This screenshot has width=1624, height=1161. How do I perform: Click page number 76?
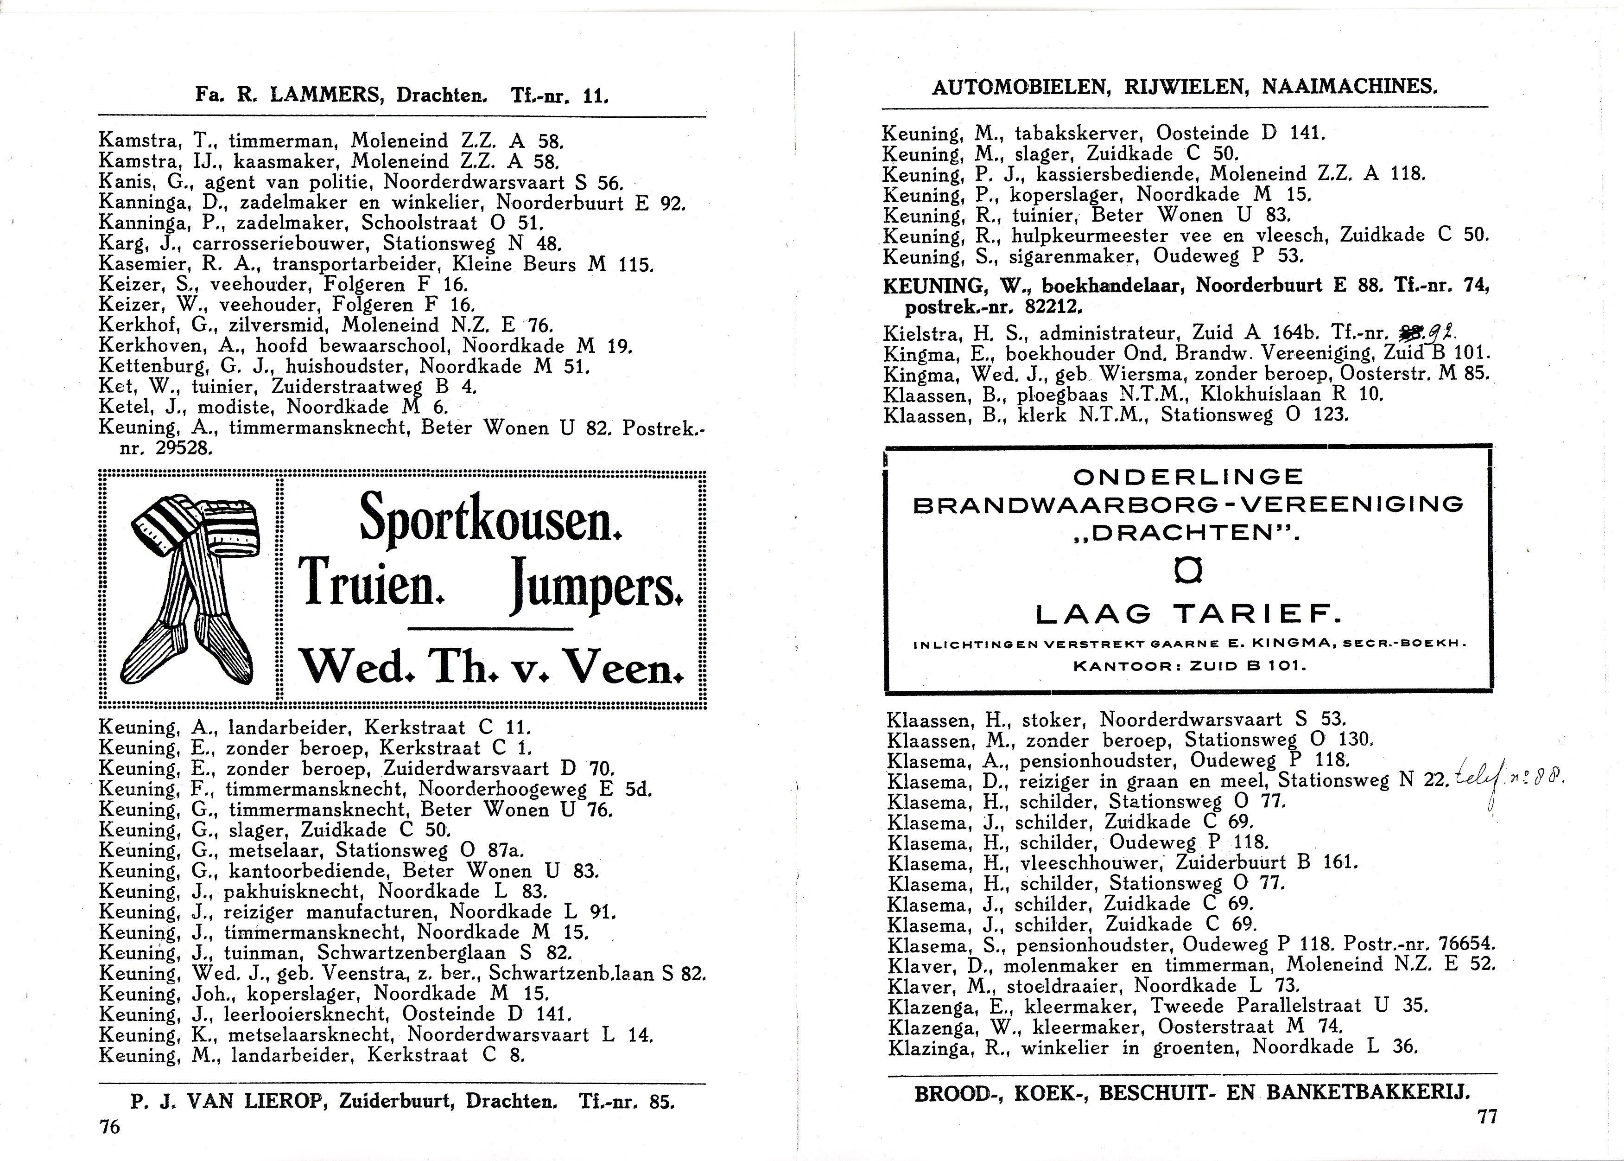109,1127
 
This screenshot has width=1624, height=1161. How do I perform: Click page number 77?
1487,1116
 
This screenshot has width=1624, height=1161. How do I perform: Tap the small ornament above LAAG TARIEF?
1187,570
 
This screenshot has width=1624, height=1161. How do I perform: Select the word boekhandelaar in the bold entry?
1111,287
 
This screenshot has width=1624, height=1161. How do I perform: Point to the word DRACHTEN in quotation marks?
1188,534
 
